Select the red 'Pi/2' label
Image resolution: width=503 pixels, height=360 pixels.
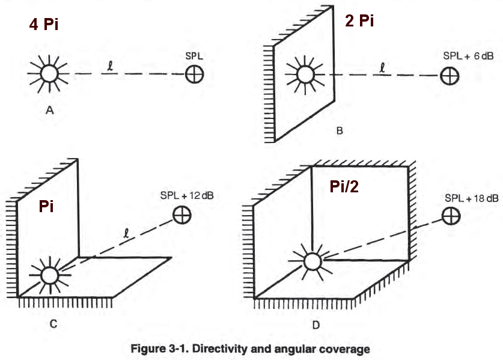pyautogui.click(x=346, y=188)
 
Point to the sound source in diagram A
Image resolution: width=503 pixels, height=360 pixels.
pyautogui.click(x=46, y=74)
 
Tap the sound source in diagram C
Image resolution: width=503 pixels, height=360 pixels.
pyautogui.click(x=49, y=275)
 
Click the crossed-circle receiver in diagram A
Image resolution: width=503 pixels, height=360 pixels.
pyautogui.click(x=194, y=74)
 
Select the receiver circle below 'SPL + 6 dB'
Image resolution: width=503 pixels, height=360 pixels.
pyautogui.click(x=449, y=76)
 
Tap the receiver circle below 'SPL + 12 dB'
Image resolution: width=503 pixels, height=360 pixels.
pyautogui.click(x=181, y=215)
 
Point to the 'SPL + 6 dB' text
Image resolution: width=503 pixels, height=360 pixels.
pyautogui.click(x=465, y=56)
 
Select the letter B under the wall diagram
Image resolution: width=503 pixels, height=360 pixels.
pyautogui.click(x=340, y=130)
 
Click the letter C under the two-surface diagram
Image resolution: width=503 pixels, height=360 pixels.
pyautogui.click(x=54, y=324)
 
